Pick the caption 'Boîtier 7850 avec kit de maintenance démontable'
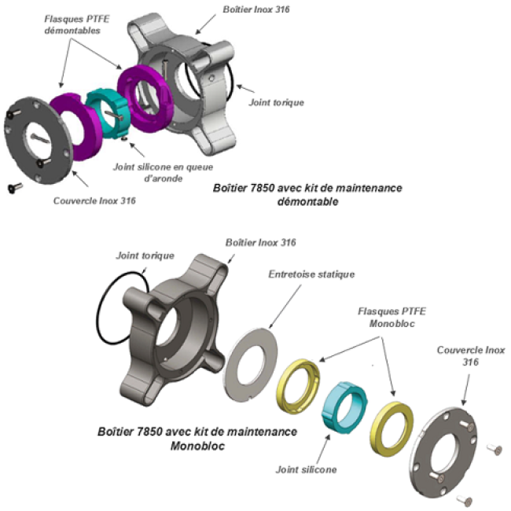point(307,194)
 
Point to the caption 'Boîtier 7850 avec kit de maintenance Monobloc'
point(197,439)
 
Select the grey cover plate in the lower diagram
point(445,454)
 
